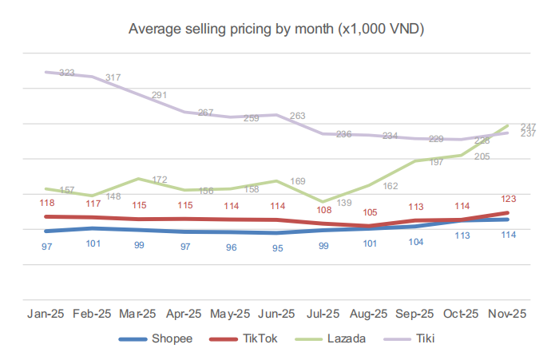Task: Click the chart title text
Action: point(277,30)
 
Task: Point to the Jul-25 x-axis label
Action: point(322,314)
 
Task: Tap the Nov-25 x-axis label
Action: point(505,314)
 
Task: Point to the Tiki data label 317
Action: point(112,77)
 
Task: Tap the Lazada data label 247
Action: point(527,127)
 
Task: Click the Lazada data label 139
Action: point(344,204)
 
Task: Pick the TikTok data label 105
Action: point(367,212)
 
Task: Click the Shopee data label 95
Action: point(277,247)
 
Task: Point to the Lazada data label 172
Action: point(159,180)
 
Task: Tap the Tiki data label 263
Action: point(297,116)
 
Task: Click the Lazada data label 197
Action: point(436,162)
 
